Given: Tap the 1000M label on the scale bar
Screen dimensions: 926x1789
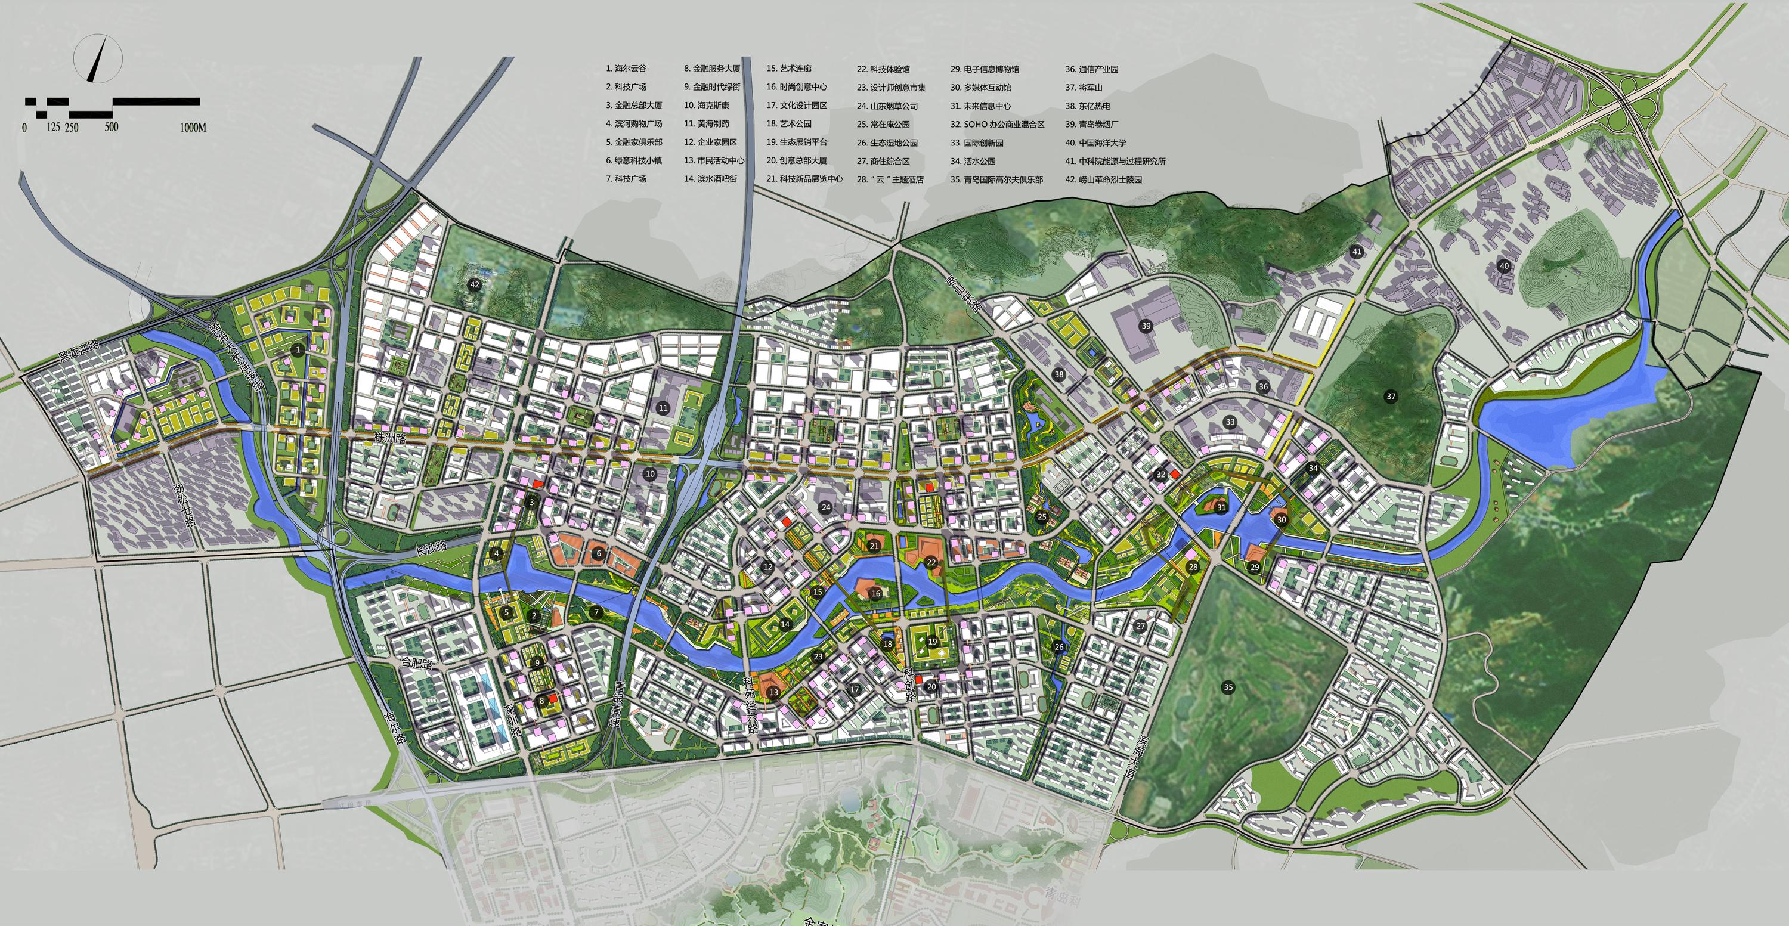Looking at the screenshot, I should tap(193, 128).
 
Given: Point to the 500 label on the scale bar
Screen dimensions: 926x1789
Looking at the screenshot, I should tap(111, 127).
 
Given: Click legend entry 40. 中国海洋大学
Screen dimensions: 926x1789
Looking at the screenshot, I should tap(1095, 143).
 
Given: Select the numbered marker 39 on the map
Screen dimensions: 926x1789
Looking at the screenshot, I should tap(1146, 326).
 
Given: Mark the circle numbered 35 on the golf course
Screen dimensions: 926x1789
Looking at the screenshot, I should tap(1228, 687).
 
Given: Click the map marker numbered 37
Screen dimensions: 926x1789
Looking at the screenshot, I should tap(1391, 397).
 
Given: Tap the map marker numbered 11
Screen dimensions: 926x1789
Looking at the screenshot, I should tap(663, 407).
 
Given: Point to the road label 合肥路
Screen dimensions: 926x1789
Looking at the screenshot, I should tap(417, 664).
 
